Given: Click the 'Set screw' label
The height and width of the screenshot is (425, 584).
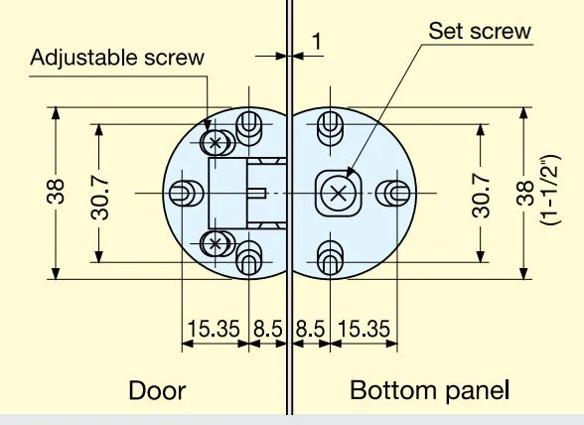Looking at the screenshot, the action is coord(480,31).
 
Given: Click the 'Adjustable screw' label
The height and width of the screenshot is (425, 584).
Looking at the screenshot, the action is coord(117,58).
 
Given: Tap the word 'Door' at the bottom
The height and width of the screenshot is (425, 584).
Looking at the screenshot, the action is coord(157,390).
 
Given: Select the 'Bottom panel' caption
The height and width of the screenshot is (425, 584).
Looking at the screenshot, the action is coord(429,390).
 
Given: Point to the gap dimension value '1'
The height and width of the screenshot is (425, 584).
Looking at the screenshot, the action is coord(316,41).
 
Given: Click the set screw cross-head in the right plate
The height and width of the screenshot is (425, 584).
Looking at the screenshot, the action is coord(338,194).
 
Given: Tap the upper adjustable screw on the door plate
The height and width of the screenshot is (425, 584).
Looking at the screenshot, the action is coord(215,142).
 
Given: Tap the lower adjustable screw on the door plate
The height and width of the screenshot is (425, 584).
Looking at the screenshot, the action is coord(215,243).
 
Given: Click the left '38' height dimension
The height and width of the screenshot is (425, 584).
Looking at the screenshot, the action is coord(56,192).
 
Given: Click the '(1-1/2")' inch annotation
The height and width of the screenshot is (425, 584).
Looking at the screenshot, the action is coord(550,190).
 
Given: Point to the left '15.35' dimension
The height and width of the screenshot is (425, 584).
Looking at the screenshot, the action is coord(214,329).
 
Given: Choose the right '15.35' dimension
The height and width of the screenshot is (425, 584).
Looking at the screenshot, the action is coord(365,329).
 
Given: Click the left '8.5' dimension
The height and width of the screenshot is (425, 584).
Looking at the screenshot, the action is coord(268,329).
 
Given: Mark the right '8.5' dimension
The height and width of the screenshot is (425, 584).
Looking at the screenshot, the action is coord(310,329).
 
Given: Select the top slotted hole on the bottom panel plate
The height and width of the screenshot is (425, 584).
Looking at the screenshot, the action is coord(330,128).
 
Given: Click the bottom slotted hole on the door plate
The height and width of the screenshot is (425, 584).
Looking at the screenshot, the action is coord(249,257).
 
